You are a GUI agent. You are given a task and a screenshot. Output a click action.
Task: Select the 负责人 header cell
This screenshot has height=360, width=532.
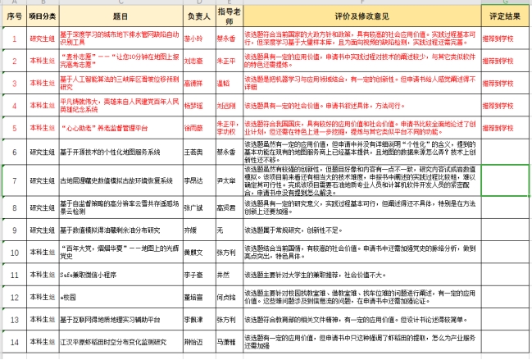(x=193, y=16)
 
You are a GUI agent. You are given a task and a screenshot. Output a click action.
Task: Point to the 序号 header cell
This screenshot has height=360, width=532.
(x=13, y=16)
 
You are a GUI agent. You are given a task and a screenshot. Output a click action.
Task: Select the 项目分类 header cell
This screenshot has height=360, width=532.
(x=42, y=16)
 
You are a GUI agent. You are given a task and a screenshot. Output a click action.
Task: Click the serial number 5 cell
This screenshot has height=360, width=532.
(x=13, y=128)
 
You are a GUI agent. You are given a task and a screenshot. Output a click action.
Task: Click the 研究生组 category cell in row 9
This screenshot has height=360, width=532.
(x=42, y=230)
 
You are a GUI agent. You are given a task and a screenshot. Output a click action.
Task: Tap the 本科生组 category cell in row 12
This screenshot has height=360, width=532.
(x=42, y=295)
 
